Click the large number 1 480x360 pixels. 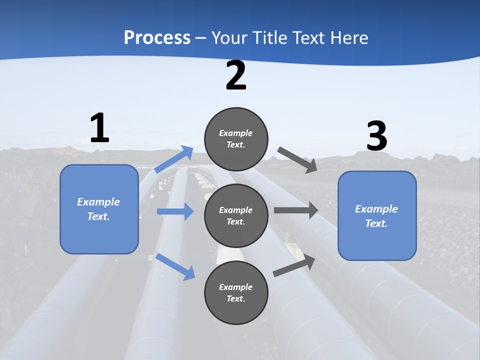[x=99, y=128]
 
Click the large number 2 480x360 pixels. [x=236, y=76]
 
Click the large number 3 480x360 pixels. [x=376, y=136]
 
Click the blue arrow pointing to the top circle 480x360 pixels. [x=174, y=159]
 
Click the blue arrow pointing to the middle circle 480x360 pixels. [x=175, y=211]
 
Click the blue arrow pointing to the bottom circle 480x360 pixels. [x=175, y=266]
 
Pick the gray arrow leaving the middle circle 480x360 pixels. [x=295, y=210]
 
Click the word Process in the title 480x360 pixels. [x=157, y=37]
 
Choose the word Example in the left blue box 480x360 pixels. [x=98, y=202]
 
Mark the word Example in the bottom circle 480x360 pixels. [x=235, y=287]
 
